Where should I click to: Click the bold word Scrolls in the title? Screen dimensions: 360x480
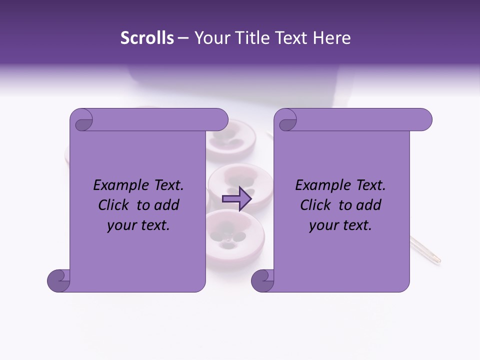tap(147, 38)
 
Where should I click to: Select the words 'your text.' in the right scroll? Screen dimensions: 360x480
tap(340, 225)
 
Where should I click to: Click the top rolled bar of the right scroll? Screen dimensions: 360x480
tap(360, 119)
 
